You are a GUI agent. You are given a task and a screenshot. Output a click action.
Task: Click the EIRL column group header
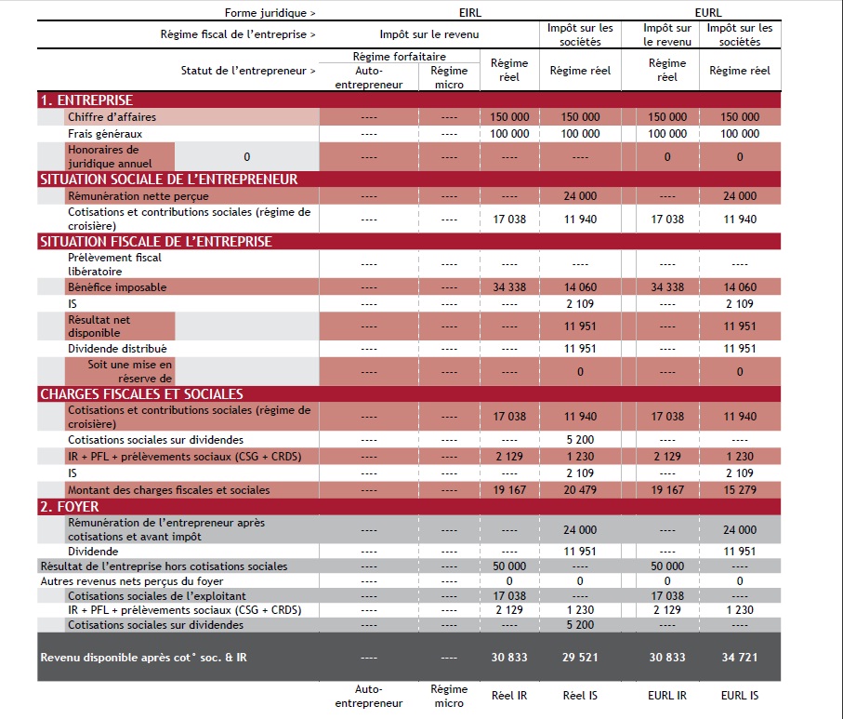(x=470, y=12)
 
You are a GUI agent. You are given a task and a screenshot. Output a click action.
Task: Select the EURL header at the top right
(x=708, y=12)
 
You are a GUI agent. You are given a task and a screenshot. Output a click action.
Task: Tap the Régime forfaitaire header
(x=399, y=57)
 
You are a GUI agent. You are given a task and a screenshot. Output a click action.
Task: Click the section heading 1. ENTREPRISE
(x=86, y=100)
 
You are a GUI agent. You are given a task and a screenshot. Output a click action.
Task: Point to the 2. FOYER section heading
(x=70, y=506)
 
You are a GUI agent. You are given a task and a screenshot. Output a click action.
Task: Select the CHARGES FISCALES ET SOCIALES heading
(x=142, y=394)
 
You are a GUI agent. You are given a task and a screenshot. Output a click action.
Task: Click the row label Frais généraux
(x=105, y=133)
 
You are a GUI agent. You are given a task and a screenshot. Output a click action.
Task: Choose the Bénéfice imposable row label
(x=117, y=287)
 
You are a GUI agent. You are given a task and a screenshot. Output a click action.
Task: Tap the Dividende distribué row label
(x=117, y=349)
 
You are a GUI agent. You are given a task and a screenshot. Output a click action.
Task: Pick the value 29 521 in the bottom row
(x=580, y=657)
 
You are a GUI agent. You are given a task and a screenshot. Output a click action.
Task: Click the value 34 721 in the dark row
(x=740, y=657)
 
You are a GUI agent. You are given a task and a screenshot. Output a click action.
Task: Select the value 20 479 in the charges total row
(x=580, y=490)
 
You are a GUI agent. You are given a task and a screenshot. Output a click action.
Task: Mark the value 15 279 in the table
(x=740, y=490)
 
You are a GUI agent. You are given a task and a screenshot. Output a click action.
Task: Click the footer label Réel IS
(x=580, y=696)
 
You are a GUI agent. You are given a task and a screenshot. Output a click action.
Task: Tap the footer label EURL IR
(x=667, y=696)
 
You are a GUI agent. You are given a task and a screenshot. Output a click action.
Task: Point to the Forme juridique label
(x=270, y=13)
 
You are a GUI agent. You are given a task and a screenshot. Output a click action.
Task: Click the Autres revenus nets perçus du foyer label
(x=132, y=581)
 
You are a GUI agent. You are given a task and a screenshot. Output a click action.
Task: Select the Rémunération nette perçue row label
(x=138, y=196)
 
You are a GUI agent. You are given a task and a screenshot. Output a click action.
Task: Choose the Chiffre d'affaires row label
(x=112, y=117)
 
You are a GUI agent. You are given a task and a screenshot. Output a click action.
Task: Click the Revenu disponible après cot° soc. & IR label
(x=143, y=657)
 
